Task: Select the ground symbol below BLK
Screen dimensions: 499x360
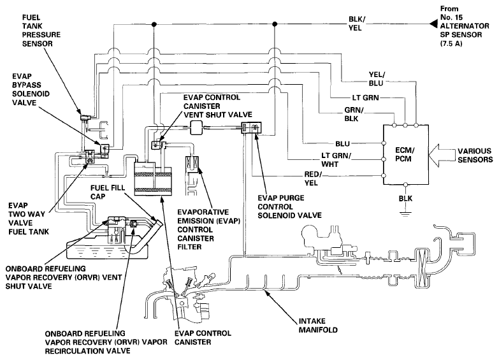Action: coord(405,213)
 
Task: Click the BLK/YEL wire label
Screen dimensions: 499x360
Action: coord(357,24)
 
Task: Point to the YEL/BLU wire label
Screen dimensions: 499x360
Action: coord(377,78)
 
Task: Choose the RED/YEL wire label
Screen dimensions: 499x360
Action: coord(313,178)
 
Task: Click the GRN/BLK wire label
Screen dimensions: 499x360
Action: coord(354,114)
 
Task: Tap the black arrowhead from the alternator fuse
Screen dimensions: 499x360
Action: coord(433,24)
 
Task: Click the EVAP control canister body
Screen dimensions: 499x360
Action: coord(153,178)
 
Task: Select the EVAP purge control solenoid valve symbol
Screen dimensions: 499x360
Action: coord(251,127)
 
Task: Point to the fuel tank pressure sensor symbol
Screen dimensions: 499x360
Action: coord(85,118)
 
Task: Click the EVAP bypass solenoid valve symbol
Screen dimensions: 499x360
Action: coord(105,150)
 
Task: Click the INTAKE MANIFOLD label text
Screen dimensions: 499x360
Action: coord(318,326)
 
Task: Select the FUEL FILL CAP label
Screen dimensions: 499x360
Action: coord(108,192)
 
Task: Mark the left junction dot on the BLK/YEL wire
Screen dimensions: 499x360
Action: coord(154,24)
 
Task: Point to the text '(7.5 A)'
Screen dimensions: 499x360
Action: coord(451,43)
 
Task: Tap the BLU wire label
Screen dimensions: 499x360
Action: coord(342,144)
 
